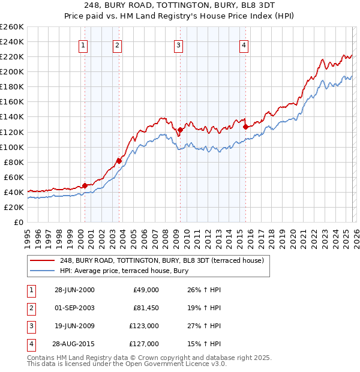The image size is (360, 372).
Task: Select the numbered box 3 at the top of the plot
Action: [179, 44]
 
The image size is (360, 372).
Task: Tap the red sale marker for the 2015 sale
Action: [245, 127]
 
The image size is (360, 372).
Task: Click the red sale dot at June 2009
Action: [180, 130]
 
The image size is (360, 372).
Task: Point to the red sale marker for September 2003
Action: [119, 161]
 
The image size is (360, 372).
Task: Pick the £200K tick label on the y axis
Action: [12, 71]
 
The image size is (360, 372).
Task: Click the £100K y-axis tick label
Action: [12, 147]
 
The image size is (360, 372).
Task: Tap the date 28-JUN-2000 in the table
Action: [74, 290]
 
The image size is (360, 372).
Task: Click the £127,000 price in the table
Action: [144, 344]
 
